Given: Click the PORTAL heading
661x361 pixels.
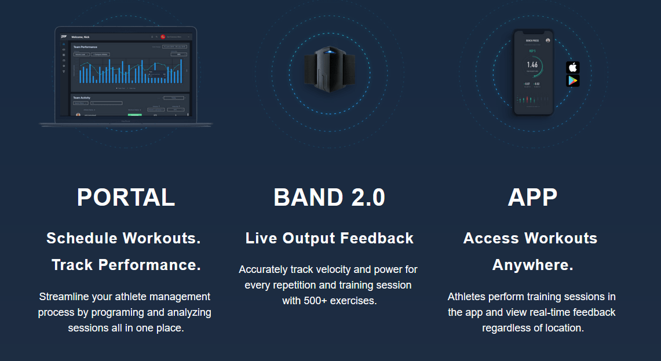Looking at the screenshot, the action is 126,198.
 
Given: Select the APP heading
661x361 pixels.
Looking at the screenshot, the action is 532,198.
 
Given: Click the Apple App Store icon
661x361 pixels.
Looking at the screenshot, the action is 573,67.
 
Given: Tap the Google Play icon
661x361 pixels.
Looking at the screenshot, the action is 573,81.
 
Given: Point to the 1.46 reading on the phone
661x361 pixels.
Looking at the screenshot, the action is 532,65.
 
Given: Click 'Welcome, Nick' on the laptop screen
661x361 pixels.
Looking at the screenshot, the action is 81,37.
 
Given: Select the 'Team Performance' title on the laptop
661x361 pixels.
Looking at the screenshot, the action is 85,47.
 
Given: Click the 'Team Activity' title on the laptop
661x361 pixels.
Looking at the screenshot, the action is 82,98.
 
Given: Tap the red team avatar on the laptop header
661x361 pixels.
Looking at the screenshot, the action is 163,37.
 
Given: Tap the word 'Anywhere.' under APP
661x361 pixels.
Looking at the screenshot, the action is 532,265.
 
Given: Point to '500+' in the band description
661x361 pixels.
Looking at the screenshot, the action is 316,301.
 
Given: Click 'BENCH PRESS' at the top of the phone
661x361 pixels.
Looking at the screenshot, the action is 532,41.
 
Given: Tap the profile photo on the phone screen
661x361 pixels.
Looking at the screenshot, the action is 547,40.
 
